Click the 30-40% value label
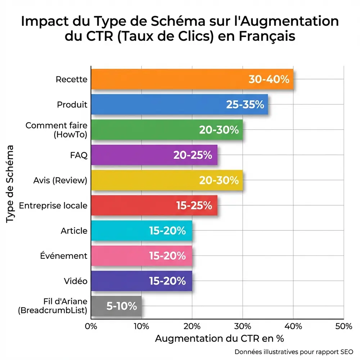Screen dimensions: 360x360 pos(269,80)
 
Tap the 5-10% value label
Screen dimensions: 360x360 pos(122,306)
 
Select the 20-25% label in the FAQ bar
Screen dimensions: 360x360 pos(193,155)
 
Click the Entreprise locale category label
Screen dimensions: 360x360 pos(53,206)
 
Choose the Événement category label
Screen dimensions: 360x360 pos(63,256)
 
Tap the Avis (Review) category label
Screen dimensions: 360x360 pos(60,180)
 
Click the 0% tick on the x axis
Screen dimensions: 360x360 pos(91,326)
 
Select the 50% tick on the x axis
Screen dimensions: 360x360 pos(344,326)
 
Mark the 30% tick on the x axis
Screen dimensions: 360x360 pos(243,326)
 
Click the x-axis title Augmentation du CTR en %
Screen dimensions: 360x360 pos(219,339)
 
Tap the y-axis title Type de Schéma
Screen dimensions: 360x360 pos(10,184)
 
